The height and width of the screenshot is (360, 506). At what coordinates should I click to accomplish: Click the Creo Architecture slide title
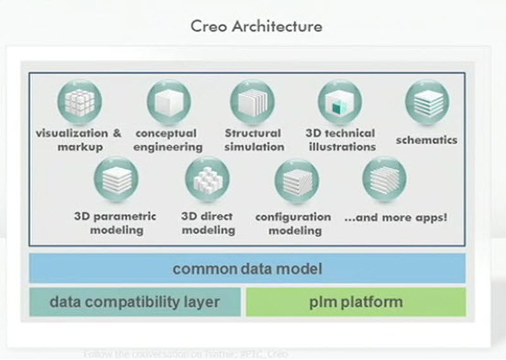(256, 27)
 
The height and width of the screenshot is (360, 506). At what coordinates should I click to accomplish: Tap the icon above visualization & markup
(79, 102)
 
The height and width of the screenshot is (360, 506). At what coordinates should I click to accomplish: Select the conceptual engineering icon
(168, 102)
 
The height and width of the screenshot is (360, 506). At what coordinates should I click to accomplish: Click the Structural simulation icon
(252, 102)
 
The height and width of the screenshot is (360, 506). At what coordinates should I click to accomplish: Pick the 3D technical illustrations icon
(339, 102)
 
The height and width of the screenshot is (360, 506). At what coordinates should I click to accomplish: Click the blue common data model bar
(247, 268)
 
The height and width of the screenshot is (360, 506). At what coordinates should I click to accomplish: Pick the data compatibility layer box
(135, 301)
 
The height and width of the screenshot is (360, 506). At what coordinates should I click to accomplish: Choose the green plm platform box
(355, 301)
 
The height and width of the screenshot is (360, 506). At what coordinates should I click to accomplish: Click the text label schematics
(426, 140)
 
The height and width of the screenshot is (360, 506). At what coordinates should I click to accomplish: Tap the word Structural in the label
(252, 133)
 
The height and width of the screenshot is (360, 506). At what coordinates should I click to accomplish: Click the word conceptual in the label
(166, 133)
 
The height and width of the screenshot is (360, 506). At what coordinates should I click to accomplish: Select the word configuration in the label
(293, 216)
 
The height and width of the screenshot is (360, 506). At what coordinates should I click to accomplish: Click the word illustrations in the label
(339, 147)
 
